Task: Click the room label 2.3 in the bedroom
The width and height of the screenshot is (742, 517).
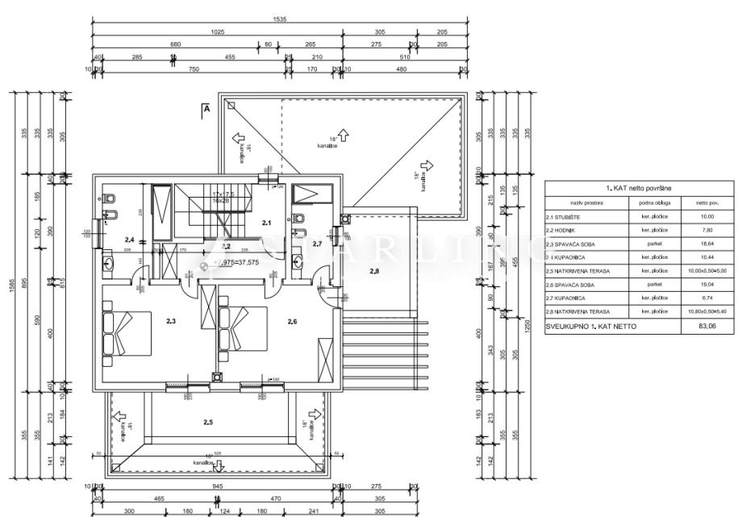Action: click(171, 321)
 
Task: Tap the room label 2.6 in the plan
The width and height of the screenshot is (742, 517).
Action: click(292, 321)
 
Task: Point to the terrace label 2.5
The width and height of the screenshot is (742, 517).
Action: click(208, 422)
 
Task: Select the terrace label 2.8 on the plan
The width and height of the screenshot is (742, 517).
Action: click(373, 272)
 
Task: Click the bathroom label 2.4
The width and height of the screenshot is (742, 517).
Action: click(129, 240)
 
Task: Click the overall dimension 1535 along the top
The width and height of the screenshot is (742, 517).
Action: click(280, 18)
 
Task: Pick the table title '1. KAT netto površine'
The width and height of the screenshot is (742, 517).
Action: click(637, 188)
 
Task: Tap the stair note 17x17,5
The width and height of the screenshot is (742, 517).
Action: click(223, 194)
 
